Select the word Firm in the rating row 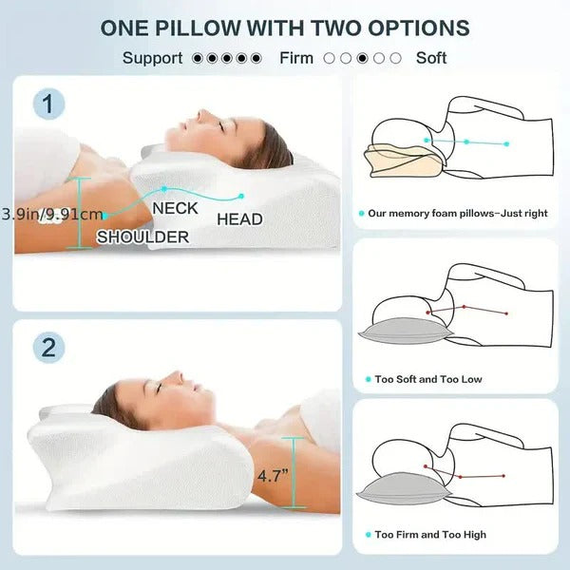point(296,58)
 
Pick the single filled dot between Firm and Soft point(363,58)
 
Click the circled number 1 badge point(49,103)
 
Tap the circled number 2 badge point(49,347)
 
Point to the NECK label point(175,207)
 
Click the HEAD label point(239,219)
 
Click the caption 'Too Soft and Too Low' point(427,379)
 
